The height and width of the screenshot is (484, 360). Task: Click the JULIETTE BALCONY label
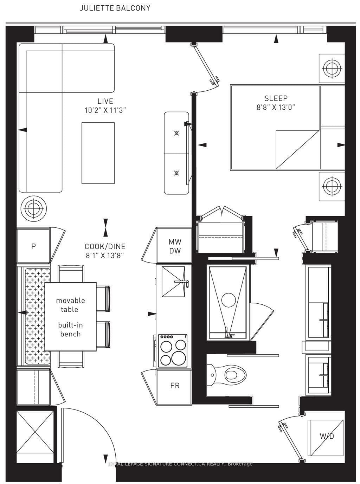click(x=115, y=8)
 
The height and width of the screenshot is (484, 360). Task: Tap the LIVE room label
click(x=105, y=101)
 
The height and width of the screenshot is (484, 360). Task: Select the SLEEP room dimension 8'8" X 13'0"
click(x=276, y=107)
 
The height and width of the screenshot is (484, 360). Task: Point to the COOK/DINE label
click(x=105, y=247)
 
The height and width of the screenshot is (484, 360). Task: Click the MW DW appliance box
click(x=175, y=246)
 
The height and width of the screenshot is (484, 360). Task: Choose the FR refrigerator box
click(x=175, y=386)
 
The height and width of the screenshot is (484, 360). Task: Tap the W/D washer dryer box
click(x=326, y=436)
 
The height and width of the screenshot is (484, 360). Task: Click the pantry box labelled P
click(x=33, y=246)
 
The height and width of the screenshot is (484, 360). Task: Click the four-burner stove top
click(x=173, y=350)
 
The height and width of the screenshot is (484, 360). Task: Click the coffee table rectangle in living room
click(x=98, y=153)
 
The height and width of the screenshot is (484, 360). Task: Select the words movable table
click(x=70, y=305)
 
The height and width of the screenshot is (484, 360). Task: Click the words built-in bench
click(x=70, y=329)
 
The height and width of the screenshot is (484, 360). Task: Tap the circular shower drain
click(x=229, y=300)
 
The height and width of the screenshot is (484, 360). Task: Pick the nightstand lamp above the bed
click(x=332, y=69)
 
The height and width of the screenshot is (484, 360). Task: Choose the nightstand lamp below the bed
click(x=332, y=186)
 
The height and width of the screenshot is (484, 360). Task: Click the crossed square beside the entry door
click(x=34, y=427)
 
